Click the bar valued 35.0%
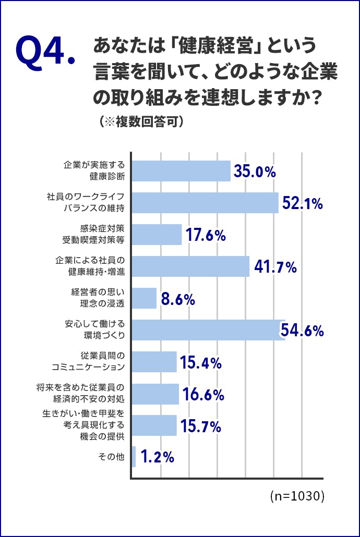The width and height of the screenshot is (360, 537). (x=181, y=171)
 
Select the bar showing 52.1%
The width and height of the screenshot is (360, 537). (x=205, y=203)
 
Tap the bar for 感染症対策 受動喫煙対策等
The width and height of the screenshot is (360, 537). (x=156, y=235)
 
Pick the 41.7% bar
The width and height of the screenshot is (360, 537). (x=190, y=266)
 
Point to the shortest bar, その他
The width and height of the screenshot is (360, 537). (x=134, y=457)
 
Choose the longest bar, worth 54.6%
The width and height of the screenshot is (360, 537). (x=208, y=330)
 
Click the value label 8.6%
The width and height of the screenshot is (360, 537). (x=178, y=299)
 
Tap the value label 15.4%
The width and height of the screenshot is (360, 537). (x=201, y=363)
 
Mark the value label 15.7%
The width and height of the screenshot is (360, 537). (x=201, y=426)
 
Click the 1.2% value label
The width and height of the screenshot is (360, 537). (x=157, y=458)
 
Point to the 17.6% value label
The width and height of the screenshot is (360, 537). (x=206, y=235)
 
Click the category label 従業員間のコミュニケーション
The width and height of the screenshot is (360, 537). (x=89, y=361)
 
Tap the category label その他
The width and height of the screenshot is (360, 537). (x=111, y=457)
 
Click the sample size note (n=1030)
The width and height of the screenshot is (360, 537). (x=297, y=496)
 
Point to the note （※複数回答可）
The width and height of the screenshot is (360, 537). (x=141, y=121)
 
